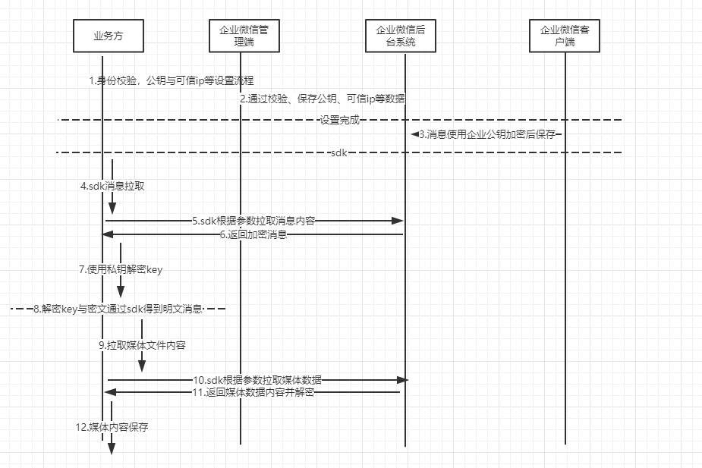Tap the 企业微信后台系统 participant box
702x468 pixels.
point(405,36)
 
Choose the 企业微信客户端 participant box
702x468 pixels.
point(565,36)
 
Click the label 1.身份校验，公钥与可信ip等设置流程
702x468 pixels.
point(171,80)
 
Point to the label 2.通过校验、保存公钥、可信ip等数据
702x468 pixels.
point(323,99)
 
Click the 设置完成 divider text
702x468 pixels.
point(339,120)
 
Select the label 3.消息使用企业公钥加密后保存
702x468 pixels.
point(486,134)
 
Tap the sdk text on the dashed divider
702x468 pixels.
point(339,152)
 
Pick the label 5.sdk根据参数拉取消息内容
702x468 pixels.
point(253,221)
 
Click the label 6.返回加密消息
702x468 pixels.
point(253,235)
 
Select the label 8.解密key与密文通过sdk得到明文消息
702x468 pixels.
point(118,309)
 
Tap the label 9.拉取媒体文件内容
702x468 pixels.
point(142,344)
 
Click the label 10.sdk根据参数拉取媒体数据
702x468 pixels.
point(257,378)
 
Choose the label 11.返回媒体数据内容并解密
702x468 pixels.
point(253,392)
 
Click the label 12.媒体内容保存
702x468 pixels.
point(112,427)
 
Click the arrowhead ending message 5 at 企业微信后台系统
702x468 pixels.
point(397,221)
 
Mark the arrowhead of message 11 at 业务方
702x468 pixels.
point(109,392)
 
